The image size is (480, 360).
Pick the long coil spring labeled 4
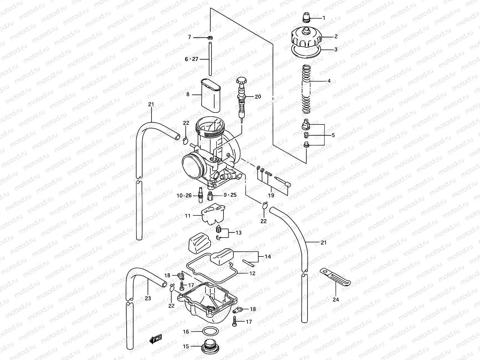(306, 89)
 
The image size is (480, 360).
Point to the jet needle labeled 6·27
(210, 59)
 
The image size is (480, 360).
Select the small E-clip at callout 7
(210, 37)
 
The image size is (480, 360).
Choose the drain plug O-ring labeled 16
(209, 332)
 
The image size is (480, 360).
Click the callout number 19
(271, 196)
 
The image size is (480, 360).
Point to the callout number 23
(148, 298)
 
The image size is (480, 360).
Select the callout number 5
(333, 135)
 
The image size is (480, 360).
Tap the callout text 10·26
(184, 196)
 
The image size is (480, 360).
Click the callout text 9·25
(230, 195)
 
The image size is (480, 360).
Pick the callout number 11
(187, 215)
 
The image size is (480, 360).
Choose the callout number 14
(268, 256)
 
